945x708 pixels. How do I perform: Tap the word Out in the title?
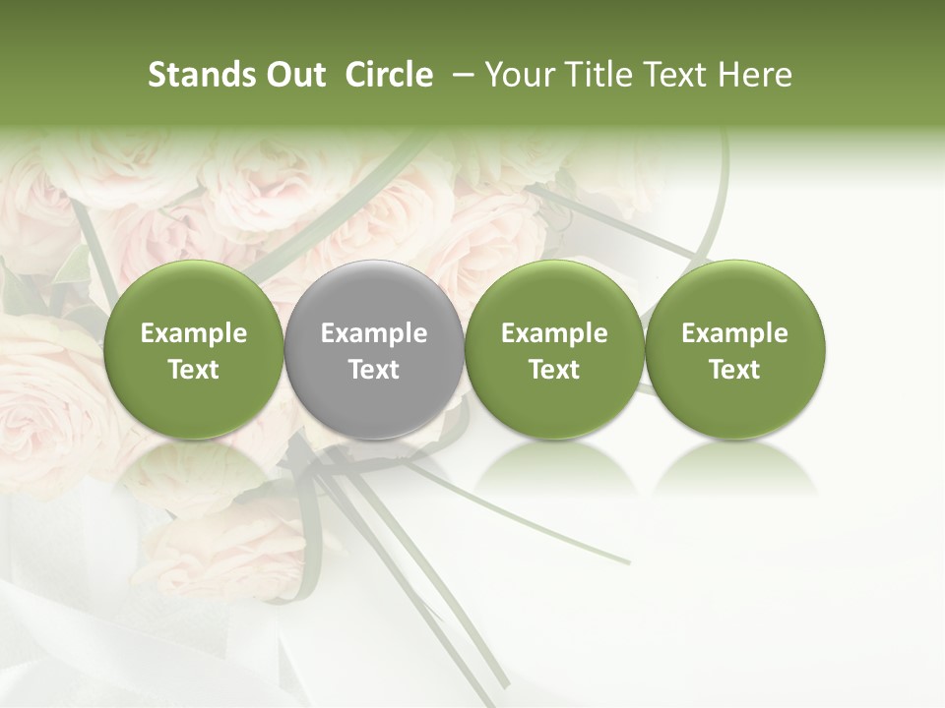click(294, 75)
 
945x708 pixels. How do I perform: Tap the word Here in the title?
click(755, 75)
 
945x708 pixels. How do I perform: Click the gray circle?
click(374, 349)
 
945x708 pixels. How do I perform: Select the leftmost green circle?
click(194, 349)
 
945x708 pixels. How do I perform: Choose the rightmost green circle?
click(735, 349)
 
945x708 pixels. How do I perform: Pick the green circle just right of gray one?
click(554, 349)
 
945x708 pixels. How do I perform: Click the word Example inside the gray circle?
click(374, 333)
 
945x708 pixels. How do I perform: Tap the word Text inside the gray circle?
click(374, 370)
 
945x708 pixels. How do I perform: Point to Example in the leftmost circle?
click(194, 333)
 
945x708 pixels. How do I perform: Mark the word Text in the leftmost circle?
click(194, 370)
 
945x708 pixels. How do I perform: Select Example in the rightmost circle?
click(735, 333)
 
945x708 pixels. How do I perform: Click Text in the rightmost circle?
click(735, 370)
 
